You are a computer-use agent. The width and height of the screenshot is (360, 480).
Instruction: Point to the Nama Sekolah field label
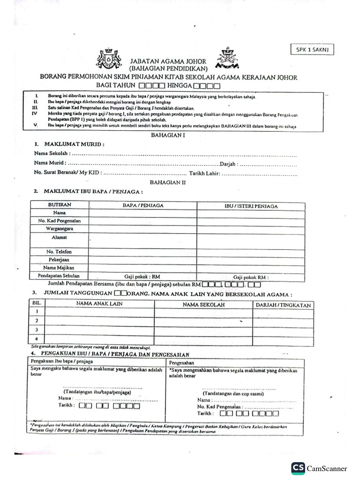pyautogui.click(x=52, y=153)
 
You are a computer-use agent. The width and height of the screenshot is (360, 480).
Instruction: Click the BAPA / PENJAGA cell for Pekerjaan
pyautogui.click(x=142, y=259)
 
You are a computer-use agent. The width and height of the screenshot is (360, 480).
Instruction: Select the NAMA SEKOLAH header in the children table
pyautogui.click(x=203, y=305)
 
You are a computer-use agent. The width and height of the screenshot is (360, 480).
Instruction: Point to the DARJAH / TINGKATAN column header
pyautogui.click(x=283, y=305)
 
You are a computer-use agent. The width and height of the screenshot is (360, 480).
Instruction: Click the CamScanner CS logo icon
pyautogui.click(x=298, y=468)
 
